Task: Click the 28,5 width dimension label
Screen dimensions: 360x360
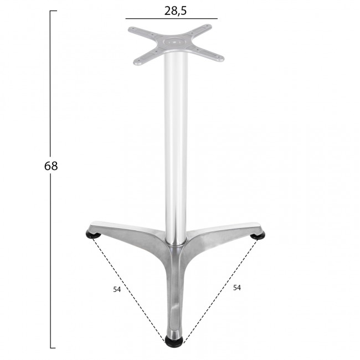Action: (x=176, y=11)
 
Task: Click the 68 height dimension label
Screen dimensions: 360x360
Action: (x=51, y=166)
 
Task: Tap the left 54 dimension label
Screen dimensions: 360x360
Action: (x=117, y=290)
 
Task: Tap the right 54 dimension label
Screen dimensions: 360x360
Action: (x=237, y=287)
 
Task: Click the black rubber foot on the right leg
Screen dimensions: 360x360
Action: (x=258, y=235)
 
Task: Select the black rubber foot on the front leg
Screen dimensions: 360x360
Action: (x=174, y=344)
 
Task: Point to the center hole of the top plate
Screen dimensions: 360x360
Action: (x=174, y=42)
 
